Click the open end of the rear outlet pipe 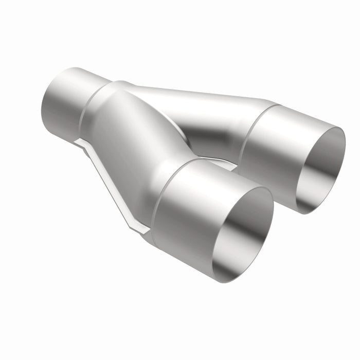(x=321, y=170)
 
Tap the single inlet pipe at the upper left (x=67, y=101)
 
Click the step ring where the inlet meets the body (x=93, y=111)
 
